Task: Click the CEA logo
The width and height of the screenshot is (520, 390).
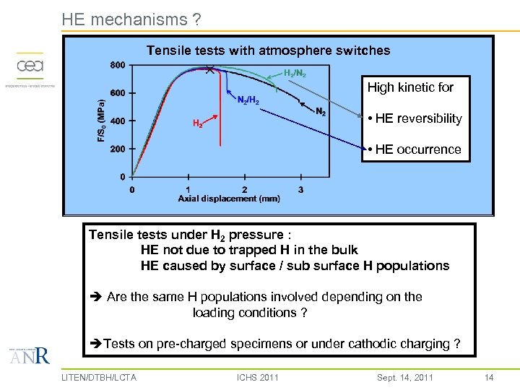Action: [x=30, y=67]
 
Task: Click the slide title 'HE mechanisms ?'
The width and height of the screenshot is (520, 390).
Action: [x=131, y=19]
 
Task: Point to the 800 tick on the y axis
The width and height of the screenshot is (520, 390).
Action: [x=118, y=66]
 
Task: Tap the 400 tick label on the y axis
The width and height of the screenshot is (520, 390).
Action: [x=118, y=121]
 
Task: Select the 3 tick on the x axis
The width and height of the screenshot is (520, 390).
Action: [x=300, y=190]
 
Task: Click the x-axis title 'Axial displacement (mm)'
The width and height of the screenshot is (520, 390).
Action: [x=229, y=199]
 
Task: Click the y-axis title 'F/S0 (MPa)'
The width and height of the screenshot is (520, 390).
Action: [x=100, y=121]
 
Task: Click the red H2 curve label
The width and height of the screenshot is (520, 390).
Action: [x=197, y=123]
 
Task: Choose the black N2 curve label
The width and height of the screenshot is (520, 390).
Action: [x=321, y=111]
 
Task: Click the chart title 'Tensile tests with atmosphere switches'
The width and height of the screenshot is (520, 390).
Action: [x=268, y=51]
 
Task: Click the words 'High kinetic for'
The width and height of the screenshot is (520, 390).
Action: [x=410, y=87]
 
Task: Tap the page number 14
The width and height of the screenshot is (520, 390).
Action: [x=489, y=377]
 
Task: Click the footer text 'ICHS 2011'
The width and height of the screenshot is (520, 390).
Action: [x=257, y=377]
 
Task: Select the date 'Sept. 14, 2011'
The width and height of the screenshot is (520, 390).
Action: [x=405, y=377]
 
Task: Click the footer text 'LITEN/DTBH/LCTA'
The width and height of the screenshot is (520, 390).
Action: [x=99, y=377]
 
